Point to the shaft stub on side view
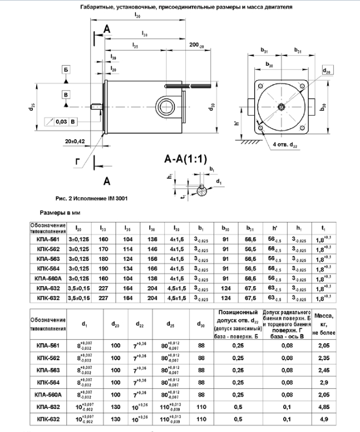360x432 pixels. pyautogui.click(x=98, y=106)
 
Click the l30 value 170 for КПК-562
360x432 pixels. pyautogui.click(x=102, y=248)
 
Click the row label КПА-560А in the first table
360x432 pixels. pyautogui.click(x=49, y=278)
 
